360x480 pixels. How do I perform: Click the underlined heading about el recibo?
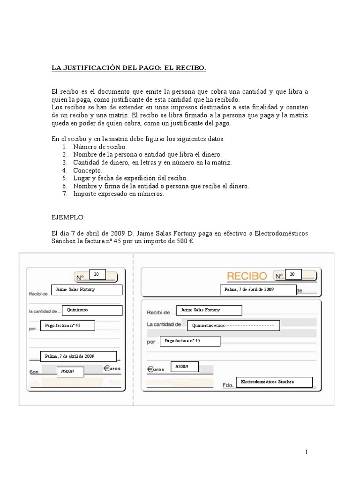pos(128,68)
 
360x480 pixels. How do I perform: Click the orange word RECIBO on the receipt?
pos(247,275)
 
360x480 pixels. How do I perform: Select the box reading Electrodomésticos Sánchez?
pos(274,382)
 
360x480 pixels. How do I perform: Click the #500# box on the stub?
pos(71,372)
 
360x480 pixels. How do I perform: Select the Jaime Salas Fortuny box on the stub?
pos(87,290)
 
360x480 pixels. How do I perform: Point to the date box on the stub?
pos(78,357)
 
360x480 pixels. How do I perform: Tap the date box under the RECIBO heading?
pos(258,290)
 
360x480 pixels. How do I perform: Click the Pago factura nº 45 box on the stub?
pos(68,325)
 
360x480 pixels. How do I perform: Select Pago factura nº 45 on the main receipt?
pos(190,341)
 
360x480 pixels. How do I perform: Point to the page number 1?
pos(306,452)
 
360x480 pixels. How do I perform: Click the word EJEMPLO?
pos(68,217)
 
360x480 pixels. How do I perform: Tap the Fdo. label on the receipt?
pos(228,385)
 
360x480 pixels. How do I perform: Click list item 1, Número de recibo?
pos(100,147)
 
